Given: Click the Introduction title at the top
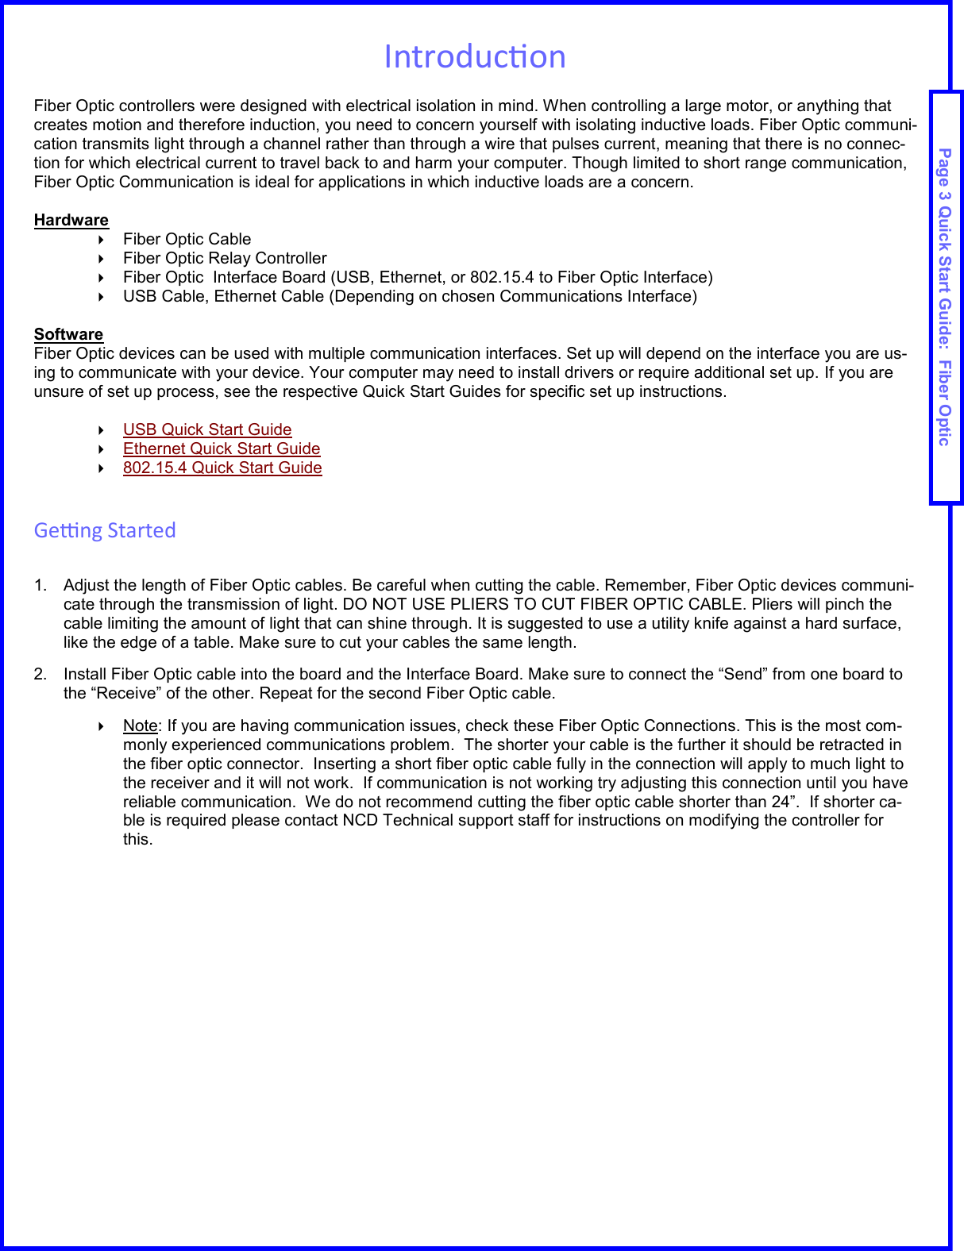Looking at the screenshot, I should (474, 56).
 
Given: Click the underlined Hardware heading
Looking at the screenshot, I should (71, 220).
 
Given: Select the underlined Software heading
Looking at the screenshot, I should (68, 334).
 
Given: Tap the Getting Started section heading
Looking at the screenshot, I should (105, 530).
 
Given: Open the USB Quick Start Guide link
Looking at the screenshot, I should (207, 429).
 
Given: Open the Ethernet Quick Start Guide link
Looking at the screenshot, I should (222, 448).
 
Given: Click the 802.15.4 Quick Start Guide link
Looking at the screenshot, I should (222, 468).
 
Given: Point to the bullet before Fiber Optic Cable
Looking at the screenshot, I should (102, 240).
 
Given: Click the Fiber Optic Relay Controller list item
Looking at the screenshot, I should (225, 258).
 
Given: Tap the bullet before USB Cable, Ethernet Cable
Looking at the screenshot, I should (102, 297).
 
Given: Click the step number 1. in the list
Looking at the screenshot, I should (40, 586).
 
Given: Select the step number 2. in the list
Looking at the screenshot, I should (40, 675).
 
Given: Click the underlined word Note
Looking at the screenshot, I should (140, 726).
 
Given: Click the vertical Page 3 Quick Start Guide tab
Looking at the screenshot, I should (945, 297).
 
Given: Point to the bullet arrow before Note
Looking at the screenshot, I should (102, 726).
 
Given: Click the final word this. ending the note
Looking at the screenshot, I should (137, 839).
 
